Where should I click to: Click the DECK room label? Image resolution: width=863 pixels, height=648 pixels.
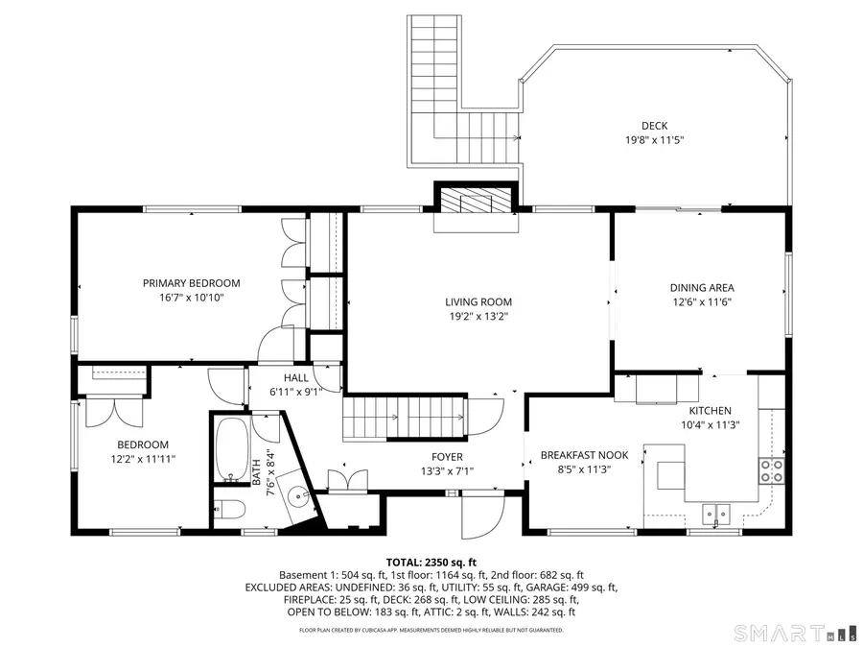(x=654, y=126)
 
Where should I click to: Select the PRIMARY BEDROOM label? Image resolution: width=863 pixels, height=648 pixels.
(x=191, y=283)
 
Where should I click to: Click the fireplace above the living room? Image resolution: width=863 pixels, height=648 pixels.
(x=478, y=203)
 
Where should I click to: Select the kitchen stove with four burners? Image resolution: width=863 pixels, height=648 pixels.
(x=772, y=470)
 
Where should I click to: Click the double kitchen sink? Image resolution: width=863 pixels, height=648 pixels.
(x=715, y=515)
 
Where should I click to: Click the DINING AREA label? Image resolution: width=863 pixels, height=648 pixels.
(x=701, y=287)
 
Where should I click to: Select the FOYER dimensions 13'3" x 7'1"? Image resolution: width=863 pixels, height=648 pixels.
(x=446, y=470)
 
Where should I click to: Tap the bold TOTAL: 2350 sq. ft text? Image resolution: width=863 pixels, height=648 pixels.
(x=431, y=563)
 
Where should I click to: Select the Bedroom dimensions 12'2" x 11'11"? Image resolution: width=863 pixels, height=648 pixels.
(x=143, y=458)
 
